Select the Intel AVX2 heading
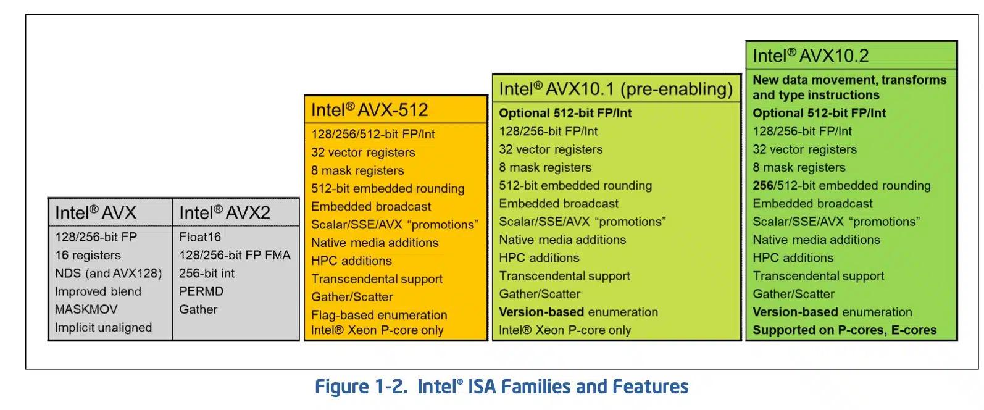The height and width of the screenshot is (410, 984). point(225,213)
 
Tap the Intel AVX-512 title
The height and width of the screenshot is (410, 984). point(369,110)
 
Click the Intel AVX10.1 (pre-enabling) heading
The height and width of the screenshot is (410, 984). point(615,89)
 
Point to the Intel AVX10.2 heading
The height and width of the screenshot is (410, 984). point(811,56)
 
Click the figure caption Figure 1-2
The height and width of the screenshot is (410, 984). point(501,387)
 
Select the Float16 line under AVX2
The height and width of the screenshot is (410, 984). point(200,237)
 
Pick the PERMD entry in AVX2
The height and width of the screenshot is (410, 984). point(201,291)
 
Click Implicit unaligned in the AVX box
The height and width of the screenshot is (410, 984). point(103,328)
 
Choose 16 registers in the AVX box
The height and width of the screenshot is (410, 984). point(88,255)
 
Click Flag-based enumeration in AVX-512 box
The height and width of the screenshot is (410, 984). point(379,315)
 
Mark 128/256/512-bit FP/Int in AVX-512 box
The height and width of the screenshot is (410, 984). point(373,134)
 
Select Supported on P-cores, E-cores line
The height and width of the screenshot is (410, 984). point(844,330)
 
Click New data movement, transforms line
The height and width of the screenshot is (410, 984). point(849,80)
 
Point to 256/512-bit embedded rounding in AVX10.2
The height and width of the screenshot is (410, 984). point(841,185)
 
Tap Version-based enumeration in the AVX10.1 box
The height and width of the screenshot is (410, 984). point(578,312)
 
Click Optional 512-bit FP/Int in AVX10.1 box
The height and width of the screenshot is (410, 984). point(565,113)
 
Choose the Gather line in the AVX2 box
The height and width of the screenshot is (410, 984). point(198,309)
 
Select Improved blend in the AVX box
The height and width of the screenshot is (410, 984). point(98,291)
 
